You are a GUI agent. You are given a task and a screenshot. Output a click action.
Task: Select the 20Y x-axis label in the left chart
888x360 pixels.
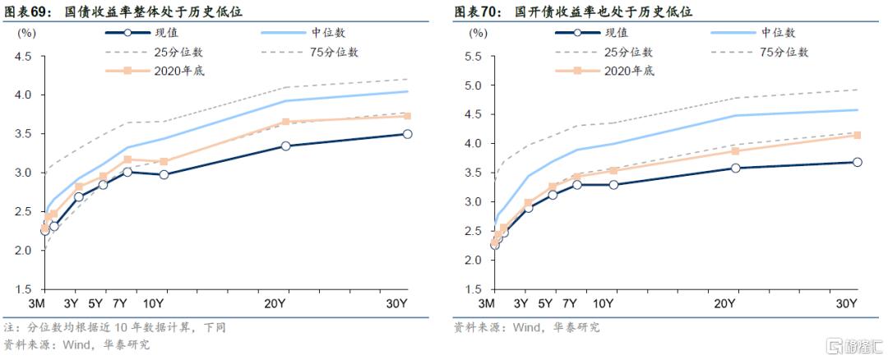(275, 304)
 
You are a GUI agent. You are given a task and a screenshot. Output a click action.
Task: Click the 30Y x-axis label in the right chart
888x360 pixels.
(847, 304)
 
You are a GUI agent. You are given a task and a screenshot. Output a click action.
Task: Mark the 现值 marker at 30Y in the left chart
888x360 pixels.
(407, 134)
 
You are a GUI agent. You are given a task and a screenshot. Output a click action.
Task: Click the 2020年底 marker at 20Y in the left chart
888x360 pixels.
(285, 122)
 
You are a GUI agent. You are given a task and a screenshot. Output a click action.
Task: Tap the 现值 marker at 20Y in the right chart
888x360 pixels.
(735, 168)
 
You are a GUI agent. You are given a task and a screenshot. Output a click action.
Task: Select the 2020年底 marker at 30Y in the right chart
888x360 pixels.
(857, 135)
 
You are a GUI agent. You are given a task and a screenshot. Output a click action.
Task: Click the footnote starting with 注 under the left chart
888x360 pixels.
(114, 327)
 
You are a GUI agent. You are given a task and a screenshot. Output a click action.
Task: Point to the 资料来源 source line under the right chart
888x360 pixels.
(526, 327)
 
